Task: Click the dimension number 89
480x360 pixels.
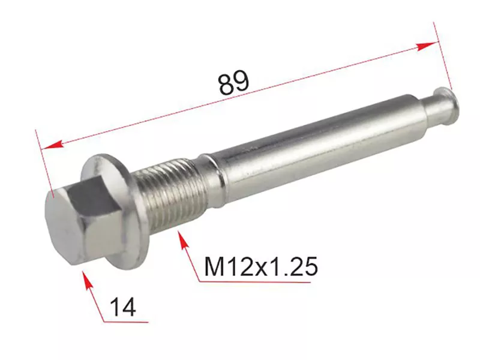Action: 234,82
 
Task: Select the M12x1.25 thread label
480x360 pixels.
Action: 261,266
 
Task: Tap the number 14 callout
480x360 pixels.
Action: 123,307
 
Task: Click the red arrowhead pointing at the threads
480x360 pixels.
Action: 184,241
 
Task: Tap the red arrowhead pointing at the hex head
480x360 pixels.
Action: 88,279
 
